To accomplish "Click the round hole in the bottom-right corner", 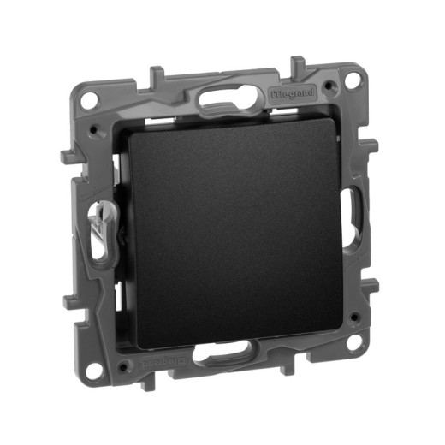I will click(x=353, y=342).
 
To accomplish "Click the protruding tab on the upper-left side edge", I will click(x=68, y=157).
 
